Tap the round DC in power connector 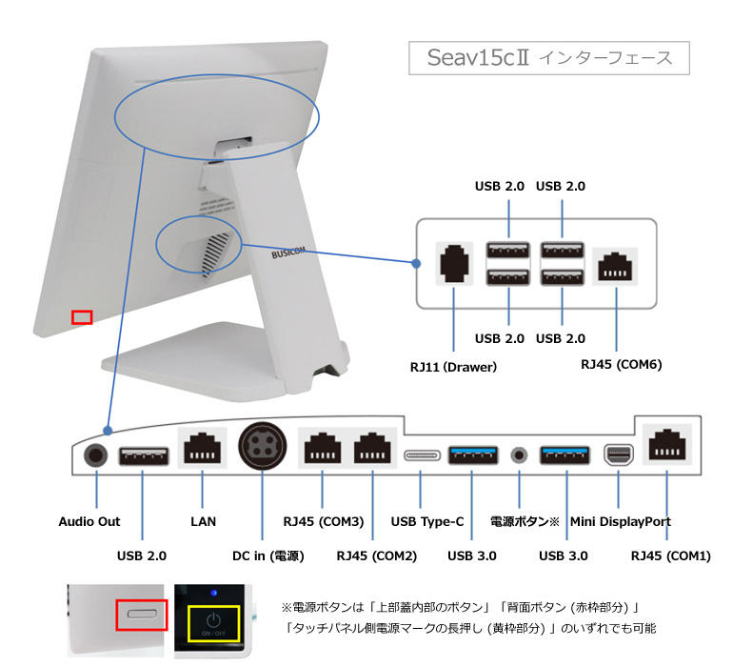coord(262,445)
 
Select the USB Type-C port coord(423,455)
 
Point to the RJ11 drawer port coord(454,263)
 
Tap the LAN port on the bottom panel coord(203,448)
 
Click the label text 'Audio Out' coord(89,521)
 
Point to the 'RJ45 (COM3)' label coord(324,521)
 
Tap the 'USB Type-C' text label coord(427,521)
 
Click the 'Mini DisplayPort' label coord(621,521)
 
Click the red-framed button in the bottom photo coord(142,615)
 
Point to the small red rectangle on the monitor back coord(82,316)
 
